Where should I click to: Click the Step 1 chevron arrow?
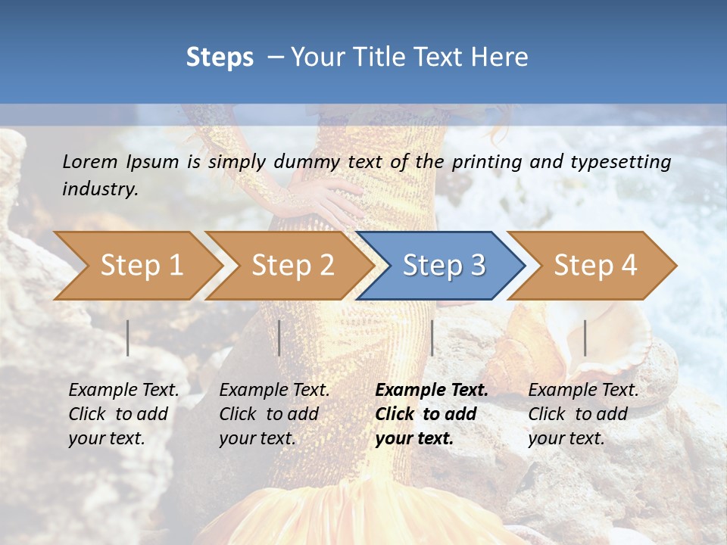pos(140,266)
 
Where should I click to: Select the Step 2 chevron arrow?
pos(292,266)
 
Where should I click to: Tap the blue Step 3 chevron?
pos(443,266)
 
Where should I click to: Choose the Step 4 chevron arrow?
pos(594,266)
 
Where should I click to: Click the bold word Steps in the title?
pos(220,58)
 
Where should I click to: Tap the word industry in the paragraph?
pos(99,189)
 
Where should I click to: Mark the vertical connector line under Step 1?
pos(128,338)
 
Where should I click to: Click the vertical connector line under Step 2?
pos(279,338)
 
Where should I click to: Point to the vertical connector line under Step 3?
pos(432,338)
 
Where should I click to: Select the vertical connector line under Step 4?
pos(585,338)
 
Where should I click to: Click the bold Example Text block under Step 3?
pos(431,414)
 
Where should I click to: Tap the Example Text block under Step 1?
pos(123,414)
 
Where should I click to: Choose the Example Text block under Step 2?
pos(274,414)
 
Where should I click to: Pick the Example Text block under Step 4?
pos(583,414)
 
